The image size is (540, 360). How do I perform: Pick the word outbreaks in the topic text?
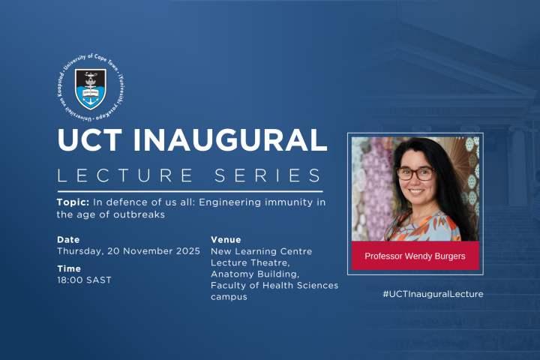[138, 214]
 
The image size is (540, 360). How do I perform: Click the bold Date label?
[68, 240]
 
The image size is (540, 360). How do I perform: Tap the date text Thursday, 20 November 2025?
[128, 251]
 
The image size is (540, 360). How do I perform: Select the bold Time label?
[69, 268]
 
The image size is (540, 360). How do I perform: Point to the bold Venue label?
[226, 240]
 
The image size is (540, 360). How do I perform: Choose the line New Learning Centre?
[262, 251]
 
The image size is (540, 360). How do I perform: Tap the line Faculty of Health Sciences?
[274, 285]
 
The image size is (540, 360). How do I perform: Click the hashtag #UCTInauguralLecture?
[432, 294]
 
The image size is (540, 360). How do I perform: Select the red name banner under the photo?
[415, 256]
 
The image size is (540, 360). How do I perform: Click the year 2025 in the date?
[187, 251]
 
